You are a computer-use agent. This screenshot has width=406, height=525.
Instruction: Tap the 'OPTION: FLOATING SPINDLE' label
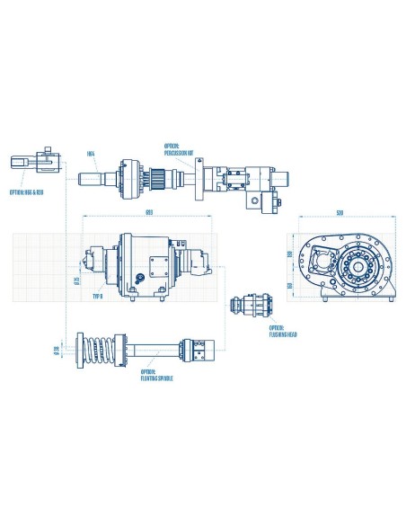pyautogui.click(x=157, y=376)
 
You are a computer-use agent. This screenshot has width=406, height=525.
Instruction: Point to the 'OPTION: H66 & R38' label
pyautogui.click(x=28, y=191)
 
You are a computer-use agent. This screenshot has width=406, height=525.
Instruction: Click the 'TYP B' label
pyautogui.click(x=98, y=295)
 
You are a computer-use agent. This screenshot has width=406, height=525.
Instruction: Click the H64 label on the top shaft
pyautogui.click(x=92, y=153)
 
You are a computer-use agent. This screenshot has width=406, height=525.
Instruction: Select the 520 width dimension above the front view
pyautogui.click(x=340, y=214)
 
